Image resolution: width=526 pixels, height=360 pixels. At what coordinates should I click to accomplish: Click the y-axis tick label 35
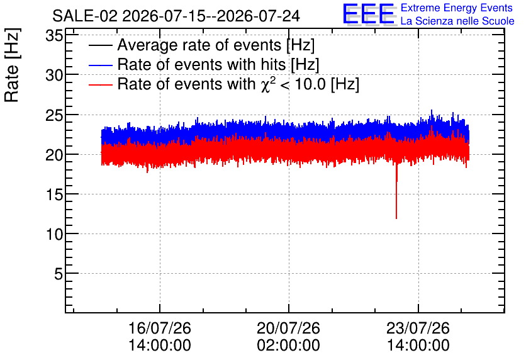(x=54, y=35)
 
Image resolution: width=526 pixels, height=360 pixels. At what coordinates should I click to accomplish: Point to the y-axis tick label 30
(x=54, y=75)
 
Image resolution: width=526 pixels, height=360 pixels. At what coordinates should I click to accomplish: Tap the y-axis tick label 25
(x=54, y=115)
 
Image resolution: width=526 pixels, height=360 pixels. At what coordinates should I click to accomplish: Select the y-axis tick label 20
(x=54, y=155)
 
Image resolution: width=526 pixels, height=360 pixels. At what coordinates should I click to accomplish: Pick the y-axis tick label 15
(x=54, y=194)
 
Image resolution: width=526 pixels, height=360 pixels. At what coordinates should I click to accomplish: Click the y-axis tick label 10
(x=54, y=234)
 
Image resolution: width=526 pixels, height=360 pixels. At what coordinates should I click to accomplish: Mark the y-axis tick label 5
(x=59, y=274)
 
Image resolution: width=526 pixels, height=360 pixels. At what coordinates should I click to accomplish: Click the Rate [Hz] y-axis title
(x=12, y=65)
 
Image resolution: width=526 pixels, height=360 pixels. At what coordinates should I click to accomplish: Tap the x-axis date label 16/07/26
(x=160, y=328)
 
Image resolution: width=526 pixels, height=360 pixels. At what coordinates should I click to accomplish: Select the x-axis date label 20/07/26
(x=289, y=328)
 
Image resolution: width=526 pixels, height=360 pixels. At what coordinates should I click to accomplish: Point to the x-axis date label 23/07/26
(x=418, y=328)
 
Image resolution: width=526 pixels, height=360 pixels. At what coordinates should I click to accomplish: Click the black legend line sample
(x=100, y=45)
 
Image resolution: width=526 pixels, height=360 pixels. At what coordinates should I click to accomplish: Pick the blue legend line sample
(x=100, y=65)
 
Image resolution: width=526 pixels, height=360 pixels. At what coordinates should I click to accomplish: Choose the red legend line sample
(x=100, y=84)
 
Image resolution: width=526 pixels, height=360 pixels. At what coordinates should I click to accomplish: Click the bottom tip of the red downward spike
(x=396, y=219)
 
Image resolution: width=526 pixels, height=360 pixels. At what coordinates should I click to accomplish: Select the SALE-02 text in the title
(x=85, y=16)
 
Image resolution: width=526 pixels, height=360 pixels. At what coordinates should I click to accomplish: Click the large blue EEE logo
(x=369, y=14)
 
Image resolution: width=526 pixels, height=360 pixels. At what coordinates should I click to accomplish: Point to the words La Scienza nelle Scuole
(x=457, y=21)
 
